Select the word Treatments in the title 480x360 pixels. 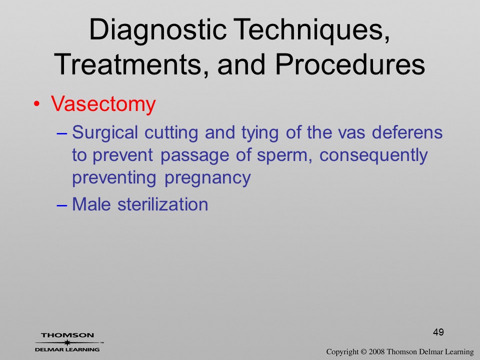[128, 64]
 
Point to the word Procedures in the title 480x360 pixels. [350, 64]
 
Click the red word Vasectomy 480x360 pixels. [103, 104]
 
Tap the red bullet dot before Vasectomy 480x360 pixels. [36, 104]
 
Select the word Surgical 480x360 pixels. [105, 133]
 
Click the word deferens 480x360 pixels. [407, 132]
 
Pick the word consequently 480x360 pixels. [373, 155]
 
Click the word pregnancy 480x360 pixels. [207, 178]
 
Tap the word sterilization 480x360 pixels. [163, 204]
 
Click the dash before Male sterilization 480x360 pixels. [61, 205]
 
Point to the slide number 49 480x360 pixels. [438, 332]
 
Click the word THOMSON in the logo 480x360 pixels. [67, 335]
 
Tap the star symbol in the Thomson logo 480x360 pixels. [67, 342]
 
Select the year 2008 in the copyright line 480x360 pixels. [375, 351]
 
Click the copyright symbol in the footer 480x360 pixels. [363, 352]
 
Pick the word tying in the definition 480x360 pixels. [260, 133]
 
